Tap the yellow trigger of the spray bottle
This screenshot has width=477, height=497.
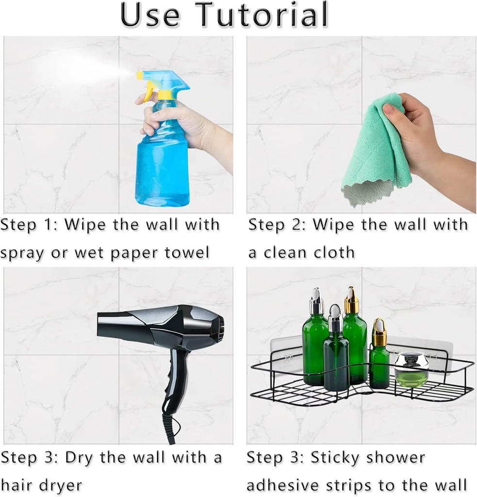pyautogui.click(x=148, y=89)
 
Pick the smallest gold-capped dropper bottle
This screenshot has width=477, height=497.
pyautogui.click(x=379, y=357)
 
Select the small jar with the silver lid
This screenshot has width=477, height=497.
pyautogui.click(x=411, y=369)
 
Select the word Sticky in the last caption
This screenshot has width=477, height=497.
pyautogui.click(x=334, y=457)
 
